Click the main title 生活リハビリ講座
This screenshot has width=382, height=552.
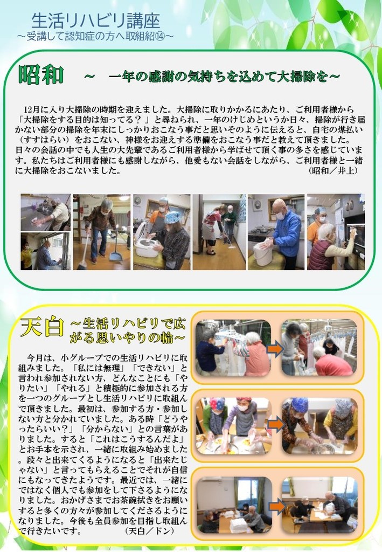(x=95, y=20)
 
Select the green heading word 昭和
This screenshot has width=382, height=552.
(x=41, y=74)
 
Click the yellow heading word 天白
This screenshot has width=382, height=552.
(x=42, y=327)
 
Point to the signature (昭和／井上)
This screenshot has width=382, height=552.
(x=333, y=171)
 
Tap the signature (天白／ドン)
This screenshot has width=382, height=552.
(x=150, y=530)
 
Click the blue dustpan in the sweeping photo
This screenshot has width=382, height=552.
(x=115, y=251)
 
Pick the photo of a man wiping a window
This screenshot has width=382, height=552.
(x=45, y=251)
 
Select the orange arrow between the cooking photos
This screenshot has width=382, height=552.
(x=275, y=424)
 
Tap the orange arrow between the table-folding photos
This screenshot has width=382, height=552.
(x=276, y=506)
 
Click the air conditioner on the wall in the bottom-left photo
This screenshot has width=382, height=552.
(x=209, y=480)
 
